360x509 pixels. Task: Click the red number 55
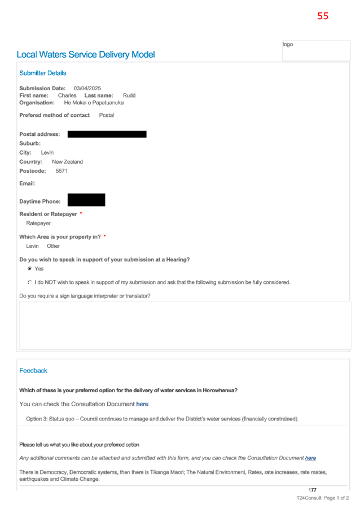click(x=323, y=16)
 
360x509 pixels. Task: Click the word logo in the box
click(x=288, y=44)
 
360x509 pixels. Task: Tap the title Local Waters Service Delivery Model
click(x=86, y=55)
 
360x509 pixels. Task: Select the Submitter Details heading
click(x=43, y=73)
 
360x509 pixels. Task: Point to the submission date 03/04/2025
click(x=87, y=88)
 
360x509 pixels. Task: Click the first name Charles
click(x=67, y=95)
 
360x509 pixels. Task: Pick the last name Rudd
click(x=129, y=95)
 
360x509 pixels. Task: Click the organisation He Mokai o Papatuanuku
click(x=94, y=103)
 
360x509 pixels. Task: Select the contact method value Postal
click(x=107, y=115)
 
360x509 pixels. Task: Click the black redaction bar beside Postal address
click(x=107, y=134)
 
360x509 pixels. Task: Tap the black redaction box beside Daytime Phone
click(x=86, y=200)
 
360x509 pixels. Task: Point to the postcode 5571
click(x=62, y=171)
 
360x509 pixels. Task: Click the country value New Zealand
click(x=67, y=161)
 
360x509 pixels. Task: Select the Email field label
click(x=27, y=183)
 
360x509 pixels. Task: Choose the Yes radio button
click(x=30, y=269)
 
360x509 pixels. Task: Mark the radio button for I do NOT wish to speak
click(x=30, y=282)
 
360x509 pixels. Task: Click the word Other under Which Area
click(x=53, y=246)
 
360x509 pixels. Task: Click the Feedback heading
click(x=33, y=371)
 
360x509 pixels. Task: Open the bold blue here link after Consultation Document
click(x=142, y=404)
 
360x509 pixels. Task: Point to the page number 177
click(x=312, y=490)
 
